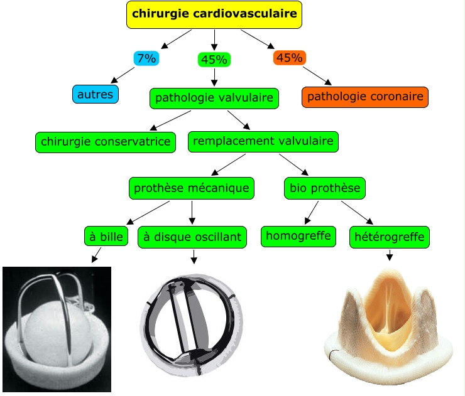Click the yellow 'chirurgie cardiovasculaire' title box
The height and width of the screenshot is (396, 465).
[214, 14]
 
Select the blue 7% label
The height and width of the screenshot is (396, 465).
[146, 58]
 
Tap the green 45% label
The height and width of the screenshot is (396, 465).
[214, 60]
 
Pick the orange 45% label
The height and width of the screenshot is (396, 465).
[289, 58]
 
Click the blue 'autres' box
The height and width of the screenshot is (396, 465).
[96, 94]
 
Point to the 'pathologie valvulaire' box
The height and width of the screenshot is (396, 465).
[214, 98]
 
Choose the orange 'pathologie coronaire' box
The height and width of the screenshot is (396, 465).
[365, 97]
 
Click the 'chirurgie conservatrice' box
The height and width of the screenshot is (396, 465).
[106, 142]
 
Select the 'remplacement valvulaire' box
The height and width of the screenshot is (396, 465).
[263, 141]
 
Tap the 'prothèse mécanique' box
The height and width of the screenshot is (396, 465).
[192, 187]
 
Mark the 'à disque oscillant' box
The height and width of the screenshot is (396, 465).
[192, 237]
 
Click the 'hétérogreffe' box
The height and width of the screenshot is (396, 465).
[390, 237]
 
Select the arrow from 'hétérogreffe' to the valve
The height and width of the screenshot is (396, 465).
[390, 255]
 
